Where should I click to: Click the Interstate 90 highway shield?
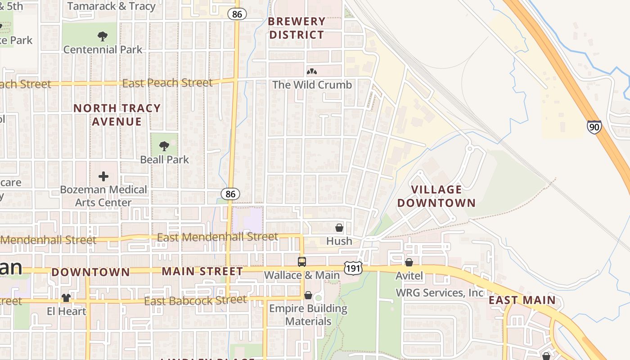tap(594, 127)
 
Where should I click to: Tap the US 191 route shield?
tap(353, 267)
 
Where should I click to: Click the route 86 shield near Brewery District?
tap(237, 14)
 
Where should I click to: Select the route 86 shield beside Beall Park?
tap(230, 194)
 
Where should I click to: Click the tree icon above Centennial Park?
tap(103, 36)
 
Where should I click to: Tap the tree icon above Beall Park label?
tap(164, 146)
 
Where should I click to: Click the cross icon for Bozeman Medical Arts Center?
tap(103, 176)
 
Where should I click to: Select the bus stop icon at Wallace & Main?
tap(301, 261)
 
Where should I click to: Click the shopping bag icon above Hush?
tap(339, 228)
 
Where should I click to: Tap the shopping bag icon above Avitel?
tap(409, 262)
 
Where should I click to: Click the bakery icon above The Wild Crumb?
tap(311, 72)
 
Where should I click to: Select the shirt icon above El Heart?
tap(66, 297)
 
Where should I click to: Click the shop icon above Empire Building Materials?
tap(308, 295)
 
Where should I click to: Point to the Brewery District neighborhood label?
tap(297, 28)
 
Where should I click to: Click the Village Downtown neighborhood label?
tap(436, 196)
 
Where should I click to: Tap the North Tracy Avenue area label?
tap(117, 115)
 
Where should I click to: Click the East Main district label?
tap(522, 300)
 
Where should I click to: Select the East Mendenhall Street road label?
tap(217, 237)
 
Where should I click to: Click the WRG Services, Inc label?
tap(440, 293)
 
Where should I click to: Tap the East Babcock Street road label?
tap(196, 300)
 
